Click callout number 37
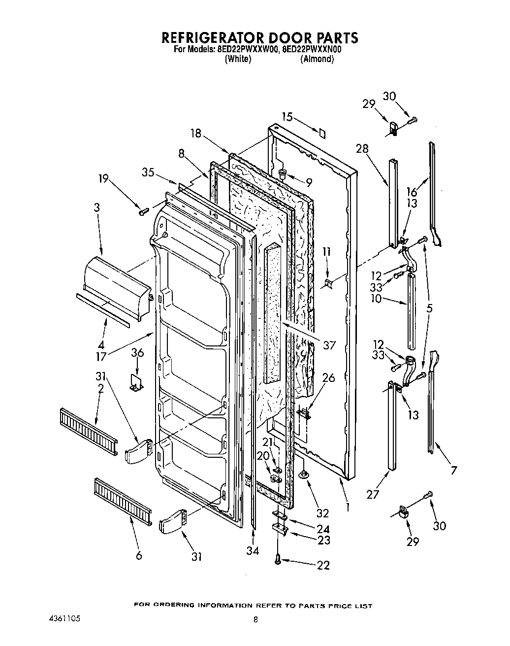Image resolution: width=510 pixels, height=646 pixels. point(329,345)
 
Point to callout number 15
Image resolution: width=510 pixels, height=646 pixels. point(287,117)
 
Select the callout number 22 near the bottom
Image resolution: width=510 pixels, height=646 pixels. point(323,565)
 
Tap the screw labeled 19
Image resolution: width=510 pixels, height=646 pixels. point(144,211)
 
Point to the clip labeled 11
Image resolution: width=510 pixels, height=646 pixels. point(328,283)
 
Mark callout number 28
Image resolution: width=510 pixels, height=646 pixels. point(362,149)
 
